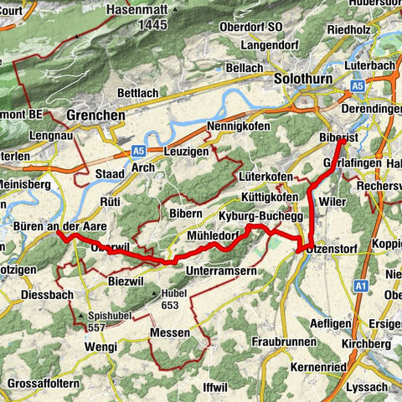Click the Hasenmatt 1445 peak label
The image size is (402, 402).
coord(138,18)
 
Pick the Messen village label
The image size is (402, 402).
coord(171,333)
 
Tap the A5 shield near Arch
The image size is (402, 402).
coord(139,151)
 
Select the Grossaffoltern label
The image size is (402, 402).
coord(43,384)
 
